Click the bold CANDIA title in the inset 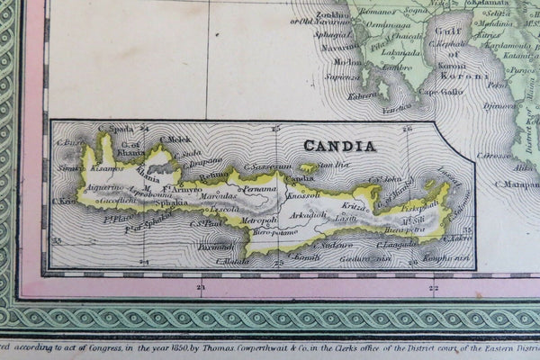coord(339,145)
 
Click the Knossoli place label coord(302,194)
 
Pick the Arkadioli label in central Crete coord(308,214)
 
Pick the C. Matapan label coord(517,184)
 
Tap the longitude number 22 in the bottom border coord(434,288)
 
